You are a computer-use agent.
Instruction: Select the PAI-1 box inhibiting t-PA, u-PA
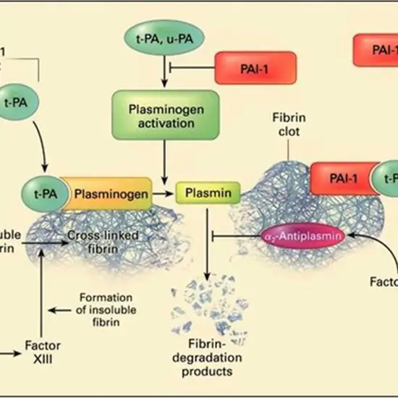(x=255, y=68)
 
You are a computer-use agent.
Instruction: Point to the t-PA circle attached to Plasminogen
(x=46, y=193)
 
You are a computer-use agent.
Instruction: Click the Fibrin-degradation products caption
(x=207, y=358)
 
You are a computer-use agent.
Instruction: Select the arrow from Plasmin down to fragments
(x=208, y=246)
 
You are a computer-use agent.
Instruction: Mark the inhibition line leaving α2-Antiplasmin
(x=239, y=236)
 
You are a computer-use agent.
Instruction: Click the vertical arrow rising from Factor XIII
(x=44, y=289)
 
